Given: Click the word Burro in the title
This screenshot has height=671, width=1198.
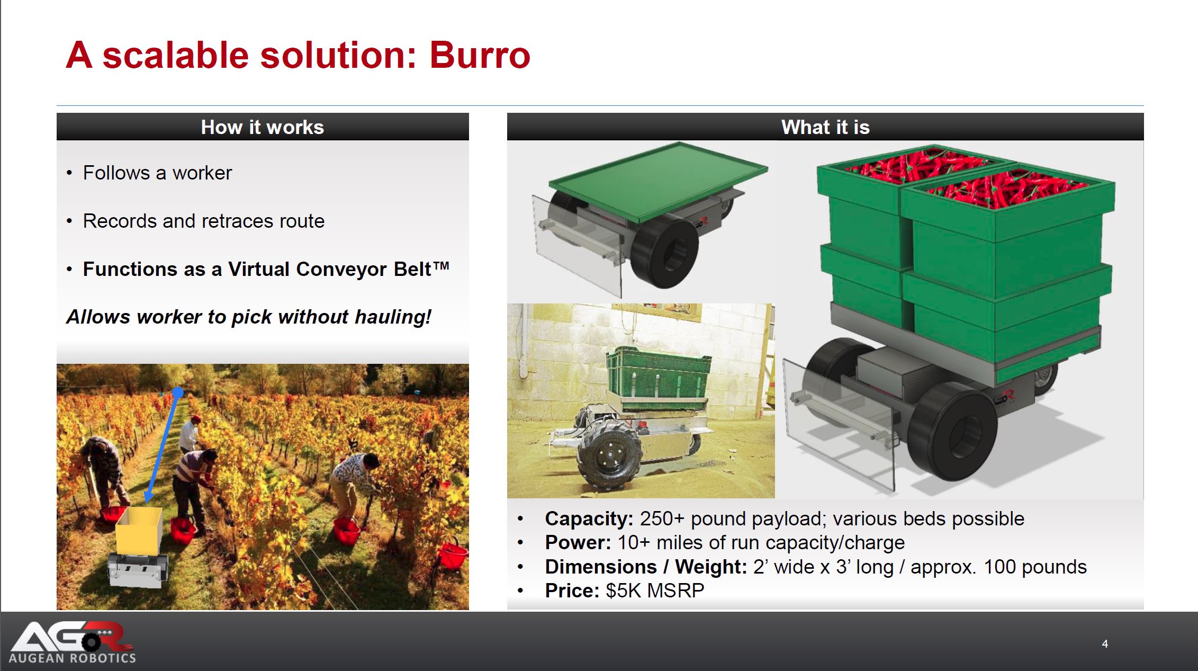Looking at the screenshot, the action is click(x=480, y=56).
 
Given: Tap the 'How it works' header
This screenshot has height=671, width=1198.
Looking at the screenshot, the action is click(x=263, y=127).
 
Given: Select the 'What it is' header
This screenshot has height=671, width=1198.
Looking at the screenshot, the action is click(x=825, y=127).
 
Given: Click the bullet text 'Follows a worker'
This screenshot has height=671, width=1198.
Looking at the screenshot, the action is click(x=157, y=173).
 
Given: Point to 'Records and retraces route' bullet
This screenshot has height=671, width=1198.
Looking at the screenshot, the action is click(x=204, y=221).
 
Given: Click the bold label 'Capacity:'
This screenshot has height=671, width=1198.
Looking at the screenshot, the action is click(x=589, y=518).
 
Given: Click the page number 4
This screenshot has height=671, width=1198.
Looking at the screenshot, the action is click(x=1105, y=644).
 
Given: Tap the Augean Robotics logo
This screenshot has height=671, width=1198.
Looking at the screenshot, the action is click(x=73, y=642).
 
